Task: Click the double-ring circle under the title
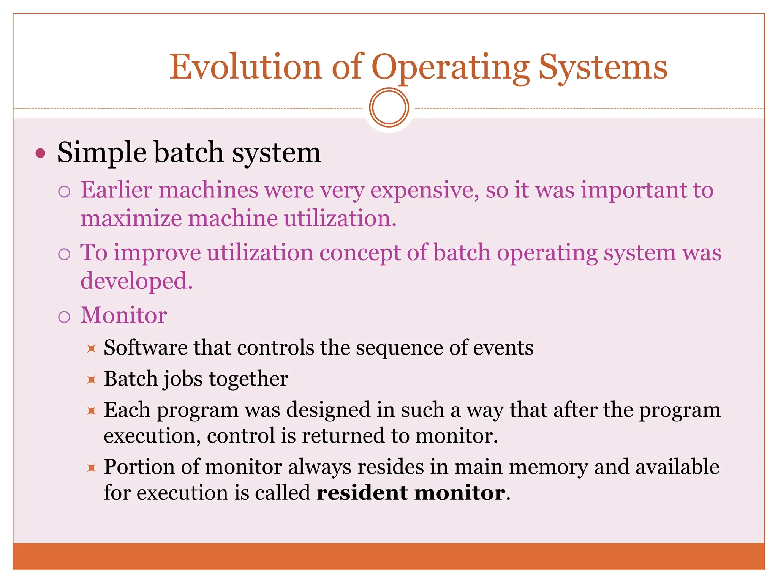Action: coord(389,107)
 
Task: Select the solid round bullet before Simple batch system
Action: coord(40,153)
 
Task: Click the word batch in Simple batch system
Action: coord(189,153)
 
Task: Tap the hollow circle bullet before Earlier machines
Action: coord(64,192)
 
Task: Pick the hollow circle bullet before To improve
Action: coord(64,254)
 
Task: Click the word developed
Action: coord(136,281)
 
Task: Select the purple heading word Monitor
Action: coord(123,315)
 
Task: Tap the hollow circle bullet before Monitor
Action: coord(64,317)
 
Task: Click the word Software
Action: coord(145,348)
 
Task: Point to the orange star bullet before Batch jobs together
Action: coord(91,380)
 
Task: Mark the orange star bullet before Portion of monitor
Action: coord(91,468)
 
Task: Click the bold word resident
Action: coord(362,493)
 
